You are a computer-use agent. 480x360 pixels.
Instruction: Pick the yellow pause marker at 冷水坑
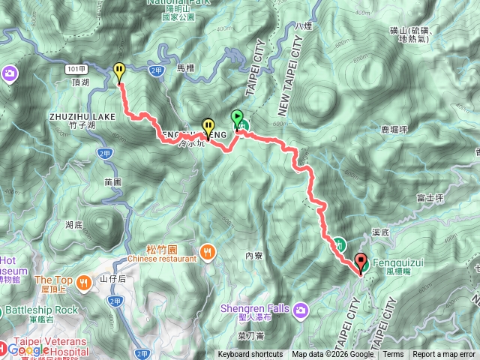tap(208, 127)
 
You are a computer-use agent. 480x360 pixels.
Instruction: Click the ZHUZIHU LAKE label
tap(82, 117)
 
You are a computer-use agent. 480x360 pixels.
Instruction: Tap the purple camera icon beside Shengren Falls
tap(301, 309)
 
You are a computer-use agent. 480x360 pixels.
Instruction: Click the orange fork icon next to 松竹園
tap(207, 252)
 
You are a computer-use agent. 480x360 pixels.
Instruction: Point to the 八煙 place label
tap(303, 26)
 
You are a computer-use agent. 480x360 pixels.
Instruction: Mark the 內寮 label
tap(253, 255)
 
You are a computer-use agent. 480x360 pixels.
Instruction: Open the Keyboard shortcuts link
tap(250, 355)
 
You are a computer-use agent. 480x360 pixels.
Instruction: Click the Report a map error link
tap(443, 355)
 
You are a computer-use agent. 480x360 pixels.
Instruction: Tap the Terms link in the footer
tap(393, 355)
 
